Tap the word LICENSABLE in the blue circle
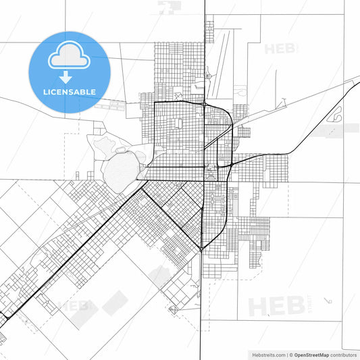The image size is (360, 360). click(x=69, y=91)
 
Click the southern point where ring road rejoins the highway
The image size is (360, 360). click(x=201, y=248)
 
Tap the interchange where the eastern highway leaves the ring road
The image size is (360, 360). click(x=231, y=163)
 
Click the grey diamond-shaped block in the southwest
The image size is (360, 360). click(x=115, y=303)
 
